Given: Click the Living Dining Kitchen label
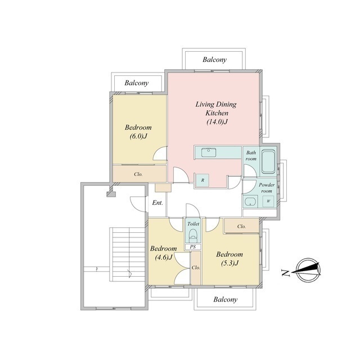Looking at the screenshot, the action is (x=216, y=113).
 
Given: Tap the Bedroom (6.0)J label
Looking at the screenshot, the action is (x=138, y=132).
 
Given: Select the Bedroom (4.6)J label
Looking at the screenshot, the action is (x=164, y=253).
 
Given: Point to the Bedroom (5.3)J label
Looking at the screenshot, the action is (x=229, y=259).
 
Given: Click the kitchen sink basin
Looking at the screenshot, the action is (x=209, y=152).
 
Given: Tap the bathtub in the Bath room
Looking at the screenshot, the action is (x=268, y=161).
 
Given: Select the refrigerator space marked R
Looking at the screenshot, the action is (x=202, y=181).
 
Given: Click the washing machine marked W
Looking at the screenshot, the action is (x=268, y=201).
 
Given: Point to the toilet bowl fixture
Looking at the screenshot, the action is (x=193, y=236).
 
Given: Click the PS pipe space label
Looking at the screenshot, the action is (x=193, y=247).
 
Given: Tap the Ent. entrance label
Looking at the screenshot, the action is (x=157, y=202).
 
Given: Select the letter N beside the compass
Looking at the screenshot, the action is (x=285, y=272).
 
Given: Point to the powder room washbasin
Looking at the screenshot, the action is (x=250, y=201).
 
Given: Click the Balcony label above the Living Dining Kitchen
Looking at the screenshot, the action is (x=214, y=60).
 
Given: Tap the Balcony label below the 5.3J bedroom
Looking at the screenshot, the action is (x=225, y=299).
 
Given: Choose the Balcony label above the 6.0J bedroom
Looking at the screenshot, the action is (x=136, y=83).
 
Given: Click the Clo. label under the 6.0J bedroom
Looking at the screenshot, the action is (x=138, y=174).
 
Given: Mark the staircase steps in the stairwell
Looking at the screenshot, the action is (x=127, y=254).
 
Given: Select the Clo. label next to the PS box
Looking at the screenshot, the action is (x=196, y=268).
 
